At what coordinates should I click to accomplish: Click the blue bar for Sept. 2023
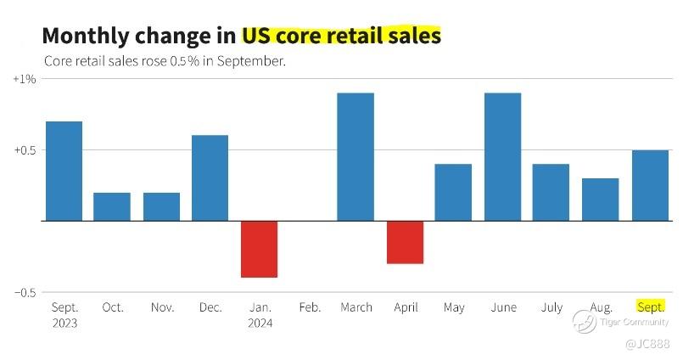tap(64, 171)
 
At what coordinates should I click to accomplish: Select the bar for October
tap(112, 206)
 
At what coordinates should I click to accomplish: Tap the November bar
tap(161, 206)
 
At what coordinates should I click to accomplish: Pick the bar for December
tap(210, 177)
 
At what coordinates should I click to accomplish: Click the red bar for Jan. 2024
tap(259, 249)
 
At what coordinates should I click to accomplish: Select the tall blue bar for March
tap(355, 156)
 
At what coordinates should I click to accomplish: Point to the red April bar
tap(405, 242)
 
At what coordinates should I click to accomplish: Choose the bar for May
tap(453, 192)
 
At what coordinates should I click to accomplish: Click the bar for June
tap(502, 156)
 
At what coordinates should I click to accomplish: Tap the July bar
tap(551, 192)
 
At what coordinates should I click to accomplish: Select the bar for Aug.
tap(600, 200)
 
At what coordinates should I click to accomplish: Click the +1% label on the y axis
tap(25, 79)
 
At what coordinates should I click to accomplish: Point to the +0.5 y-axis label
tap(23, 150)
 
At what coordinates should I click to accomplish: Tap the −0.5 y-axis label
tap(23, 292)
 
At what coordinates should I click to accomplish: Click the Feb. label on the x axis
tap(309, 307)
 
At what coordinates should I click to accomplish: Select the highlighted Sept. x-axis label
tap(650, 307)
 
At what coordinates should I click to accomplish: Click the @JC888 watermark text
tap(647, 344)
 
